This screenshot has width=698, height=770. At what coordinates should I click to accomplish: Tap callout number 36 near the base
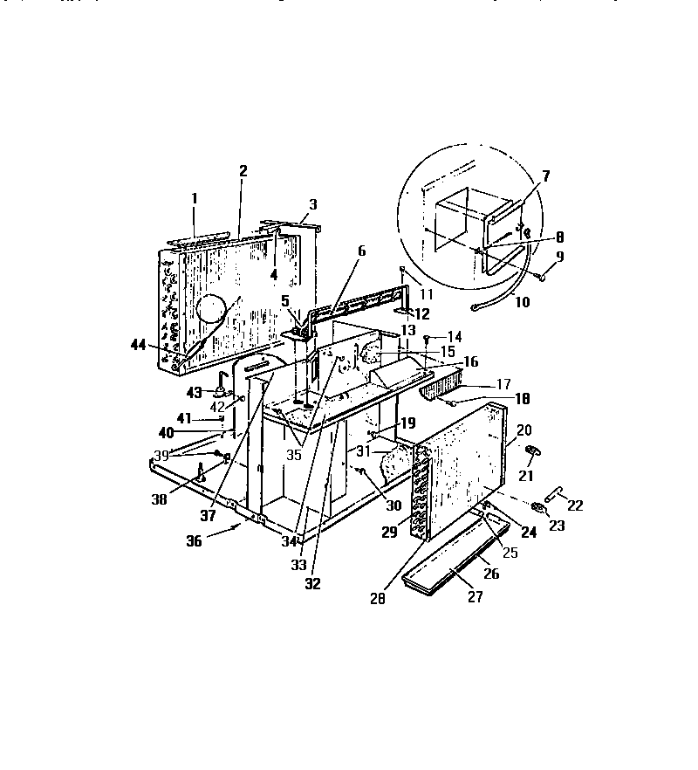pos(217,540)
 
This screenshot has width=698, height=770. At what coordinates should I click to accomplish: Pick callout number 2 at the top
pos(243,170)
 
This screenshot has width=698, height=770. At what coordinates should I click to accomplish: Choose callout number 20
pos(523,430)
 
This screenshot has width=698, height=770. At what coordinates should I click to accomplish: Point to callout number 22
pos(575,505)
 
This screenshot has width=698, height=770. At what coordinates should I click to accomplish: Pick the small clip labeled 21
pos(530,450)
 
